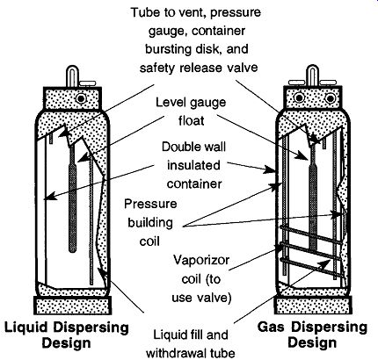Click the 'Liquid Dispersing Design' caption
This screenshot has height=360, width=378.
tap(67, 335)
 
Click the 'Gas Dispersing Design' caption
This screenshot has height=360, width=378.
tap(312, 335)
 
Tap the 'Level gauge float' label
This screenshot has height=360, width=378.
tap(191, 112)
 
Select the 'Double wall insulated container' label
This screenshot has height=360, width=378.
tap(193, 165)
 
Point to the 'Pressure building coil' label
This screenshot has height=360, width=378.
tap(150, 222)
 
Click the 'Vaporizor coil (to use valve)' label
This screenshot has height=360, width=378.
tap(201, 278)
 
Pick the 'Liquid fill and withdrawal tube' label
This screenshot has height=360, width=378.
tap(191, 344)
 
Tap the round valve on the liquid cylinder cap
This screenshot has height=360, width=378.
tap(81, 98)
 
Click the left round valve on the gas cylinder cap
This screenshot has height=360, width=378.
tap(299, 97)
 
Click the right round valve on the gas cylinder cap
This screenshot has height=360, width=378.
tap(330, 97)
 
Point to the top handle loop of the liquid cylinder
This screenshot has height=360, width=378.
tap(71, 76)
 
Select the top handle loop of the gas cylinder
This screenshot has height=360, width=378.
tap(313, 76)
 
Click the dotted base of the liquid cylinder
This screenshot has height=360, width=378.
tap(73, 306)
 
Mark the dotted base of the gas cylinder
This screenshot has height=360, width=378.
tap(313, 305)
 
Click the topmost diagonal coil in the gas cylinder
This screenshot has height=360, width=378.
tap(310, 234)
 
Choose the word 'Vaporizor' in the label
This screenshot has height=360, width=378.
tap(201, 260)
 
